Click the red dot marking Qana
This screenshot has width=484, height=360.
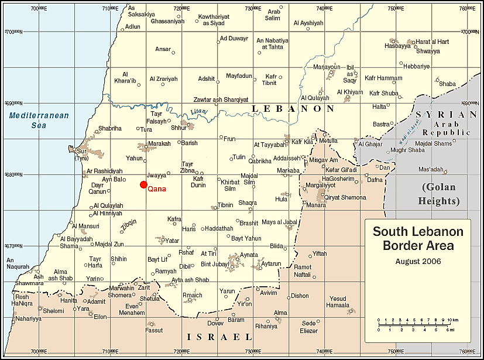pyautogui.click(x=143, y=184)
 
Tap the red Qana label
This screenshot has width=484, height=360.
pyautogui.click(x=157, y=189)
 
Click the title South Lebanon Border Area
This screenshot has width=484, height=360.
pyautogui.click(x=418, y=238)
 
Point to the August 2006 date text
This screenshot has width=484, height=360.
pyautogui.click(x=418, y=261)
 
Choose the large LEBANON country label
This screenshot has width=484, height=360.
pyautogui.click(x=293, y=109)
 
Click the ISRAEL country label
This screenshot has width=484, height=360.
pyautogui.click(x=219, y=337)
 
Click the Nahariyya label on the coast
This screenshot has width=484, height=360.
pyautogui.click(x=29, y=318)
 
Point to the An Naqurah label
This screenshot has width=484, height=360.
pyautogui.click(x=18, y=263)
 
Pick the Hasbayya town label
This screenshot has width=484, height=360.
pyautogui.click(x=397, y=46)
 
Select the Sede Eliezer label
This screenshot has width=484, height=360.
pyautogui.click(x=308, y=327)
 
